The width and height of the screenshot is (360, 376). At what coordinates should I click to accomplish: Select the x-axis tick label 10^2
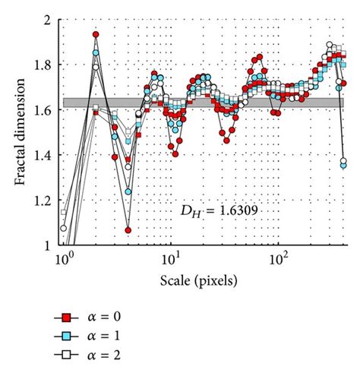coord(279,259)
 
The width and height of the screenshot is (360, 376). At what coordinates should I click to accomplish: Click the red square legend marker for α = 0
coord(67,316)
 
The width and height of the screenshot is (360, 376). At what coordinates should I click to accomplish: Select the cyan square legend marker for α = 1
coord(67,335)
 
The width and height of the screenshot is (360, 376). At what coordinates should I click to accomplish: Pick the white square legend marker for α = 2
coord(67,354)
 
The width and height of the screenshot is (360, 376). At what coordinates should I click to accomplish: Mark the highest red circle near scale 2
coord(96,34)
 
